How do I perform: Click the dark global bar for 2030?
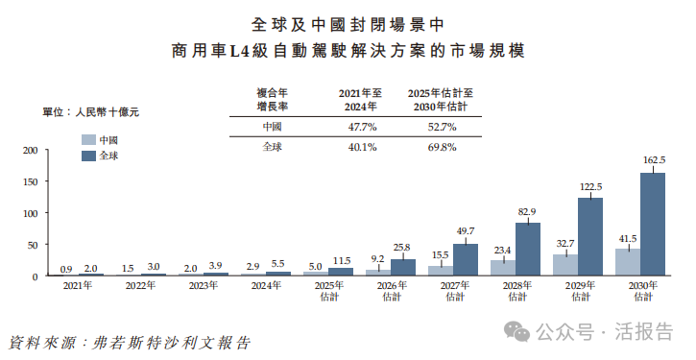(652, 224)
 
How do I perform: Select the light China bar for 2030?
(627, 262)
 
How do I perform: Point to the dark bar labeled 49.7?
(466, 259)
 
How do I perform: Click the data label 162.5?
(653, 159)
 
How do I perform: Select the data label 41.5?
(627, 237)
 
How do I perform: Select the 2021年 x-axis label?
(78, 286)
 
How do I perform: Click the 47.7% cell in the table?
(362, 126)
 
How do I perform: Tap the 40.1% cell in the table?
(362, 147)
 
